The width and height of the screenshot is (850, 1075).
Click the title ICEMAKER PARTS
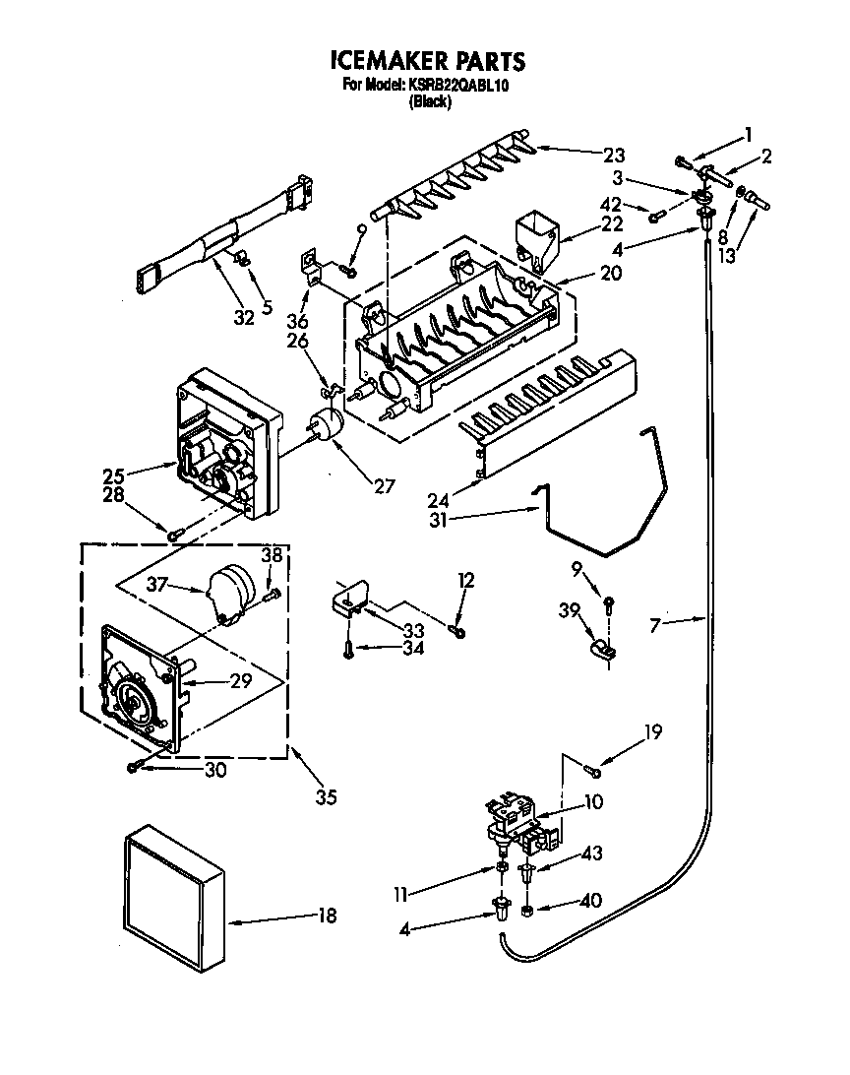pyautogui.click(x=425, y=61)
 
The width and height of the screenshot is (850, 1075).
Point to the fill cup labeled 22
pyautogui.click(x=536, y=235)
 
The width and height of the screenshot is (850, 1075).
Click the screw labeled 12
pyautogui.click(x=456, y=629)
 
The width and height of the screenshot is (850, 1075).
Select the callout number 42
pyautogui.click(x=611, y=205)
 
